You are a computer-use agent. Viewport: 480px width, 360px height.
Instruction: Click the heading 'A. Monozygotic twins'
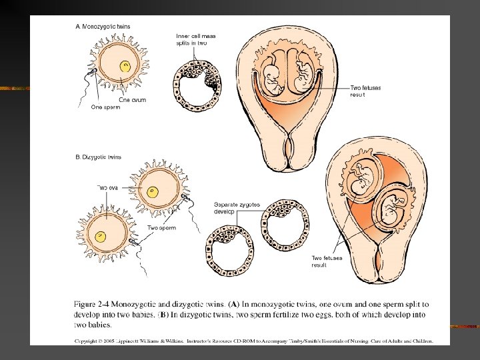point(102,25)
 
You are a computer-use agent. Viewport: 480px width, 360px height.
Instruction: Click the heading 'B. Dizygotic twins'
point(98,157)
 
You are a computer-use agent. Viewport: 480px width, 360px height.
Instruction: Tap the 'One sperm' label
point(105,107)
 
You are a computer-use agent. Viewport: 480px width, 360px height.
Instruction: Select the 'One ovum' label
point(133,100)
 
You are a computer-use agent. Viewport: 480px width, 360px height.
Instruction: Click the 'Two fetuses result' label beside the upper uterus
point(365,91)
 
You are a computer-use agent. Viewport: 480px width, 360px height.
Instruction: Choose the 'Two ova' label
point(108,187)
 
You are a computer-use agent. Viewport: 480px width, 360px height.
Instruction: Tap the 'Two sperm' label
point(161,227)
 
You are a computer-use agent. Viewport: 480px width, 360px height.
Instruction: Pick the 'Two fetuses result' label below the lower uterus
point(327,261)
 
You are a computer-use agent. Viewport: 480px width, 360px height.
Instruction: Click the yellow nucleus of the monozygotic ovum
point(125,66)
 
